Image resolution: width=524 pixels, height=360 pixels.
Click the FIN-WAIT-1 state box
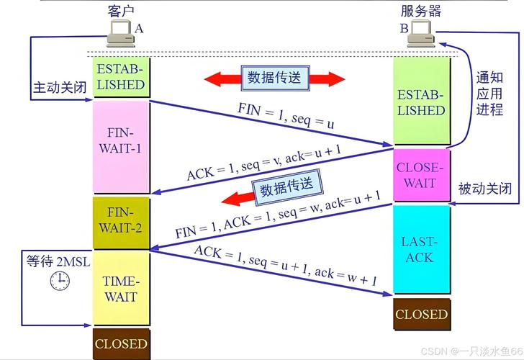pyautogui.click(x=122, y=147)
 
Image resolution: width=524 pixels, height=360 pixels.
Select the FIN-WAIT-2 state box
pyautogui.click(x=122, y=223)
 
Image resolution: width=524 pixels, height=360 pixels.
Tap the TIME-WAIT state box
pyautogui.click(x=122, y=288)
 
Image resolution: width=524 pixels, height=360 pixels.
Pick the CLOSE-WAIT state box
pyautogui.click(x=421, y=175)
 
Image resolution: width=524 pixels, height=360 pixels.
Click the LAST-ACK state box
pyautogui.click(x=421, y=249)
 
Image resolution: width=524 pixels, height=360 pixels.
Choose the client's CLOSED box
pyautogui.click(x=122, y=344)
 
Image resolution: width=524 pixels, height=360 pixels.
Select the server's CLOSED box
pyautogui.click(x=422, y=314)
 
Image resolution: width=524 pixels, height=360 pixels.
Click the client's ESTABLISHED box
pyautogui.click(x=122, y=77)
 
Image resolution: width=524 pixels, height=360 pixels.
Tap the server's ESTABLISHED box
pyautogui.click(x=421, y=102)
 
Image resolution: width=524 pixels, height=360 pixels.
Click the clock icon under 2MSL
pyautogui.click(x=60, y=281)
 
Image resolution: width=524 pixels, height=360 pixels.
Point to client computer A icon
pyautogui.click(x=121, y=33)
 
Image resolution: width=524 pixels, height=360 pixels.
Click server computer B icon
pyautogui.click(x=421, y=33)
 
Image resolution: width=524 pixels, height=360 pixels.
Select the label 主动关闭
pyautogui.click(x=60, y=88)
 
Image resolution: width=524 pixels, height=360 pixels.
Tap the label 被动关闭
pyautogui.click(x=485, y=189)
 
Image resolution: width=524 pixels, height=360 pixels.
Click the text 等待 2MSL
pyautogui.click(x=58, y=261)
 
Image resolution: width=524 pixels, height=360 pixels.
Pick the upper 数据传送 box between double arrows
pyautogui.click(x=275, y=78)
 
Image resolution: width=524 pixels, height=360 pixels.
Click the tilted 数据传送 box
pyautogui.click(x=287, y=187)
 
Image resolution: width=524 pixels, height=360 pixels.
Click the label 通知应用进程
pyautogui.click(x=489, y=94)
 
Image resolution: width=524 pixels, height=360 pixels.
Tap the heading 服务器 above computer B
pyautogui.click(x=421, y=11)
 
